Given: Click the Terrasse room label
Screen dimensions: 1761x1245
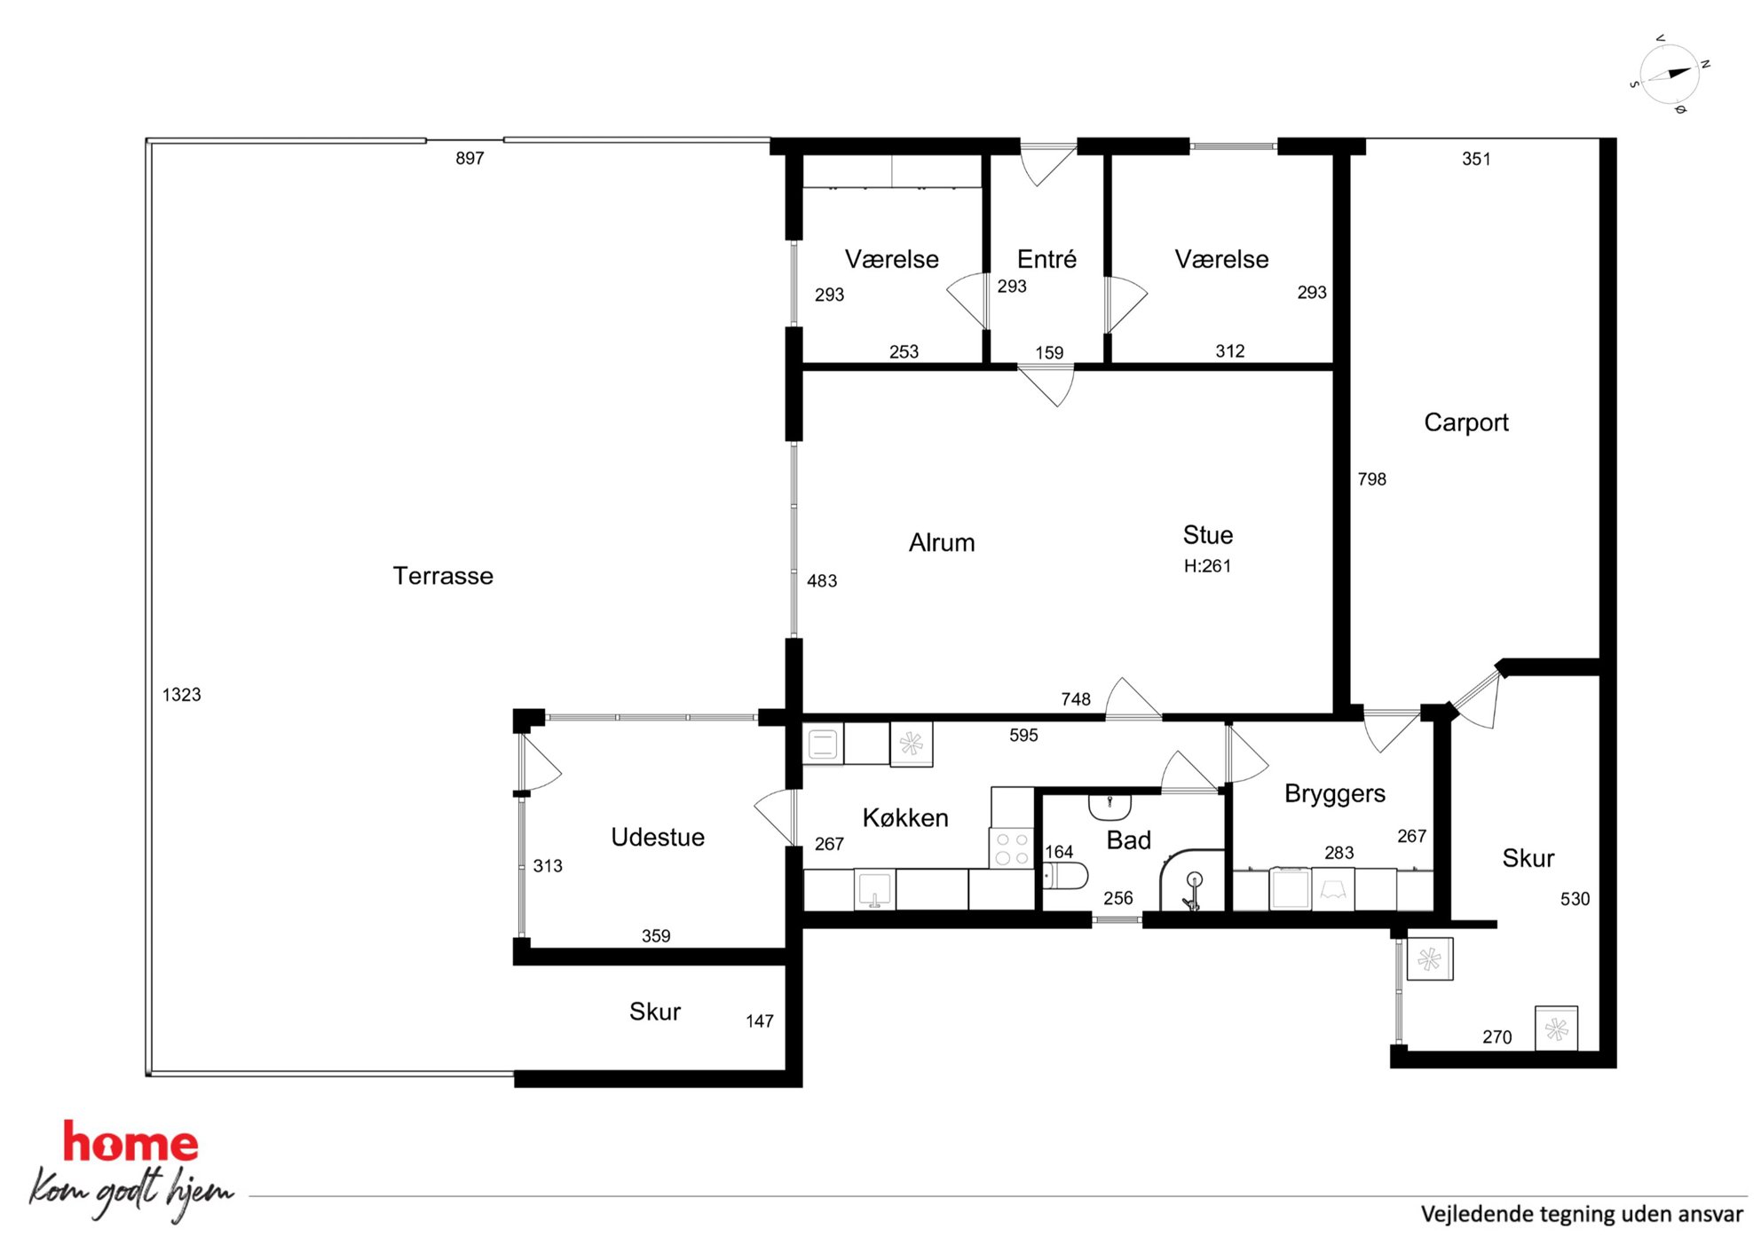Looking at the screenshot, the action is point(443,576).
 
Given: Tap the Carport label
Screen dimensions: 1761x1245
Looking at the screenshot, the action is point(1466,422).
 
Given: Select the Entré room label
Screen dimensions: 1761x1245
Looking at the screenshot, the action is point(1046,259).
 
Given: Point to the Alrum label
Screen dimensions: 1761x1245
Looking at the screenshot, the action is point(942,542).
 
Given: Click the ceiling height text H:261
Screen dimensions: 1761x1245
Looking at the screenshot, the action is point(1207,566).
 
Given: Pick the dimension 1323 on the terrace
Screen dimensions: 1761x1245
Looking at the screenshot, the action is point(182,695).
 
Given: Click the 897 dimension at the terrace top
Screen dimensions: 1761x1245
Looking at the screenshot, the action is point(470,159).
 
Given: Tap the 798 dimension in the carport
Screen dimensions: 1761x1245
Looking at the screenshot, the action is point(1371,479).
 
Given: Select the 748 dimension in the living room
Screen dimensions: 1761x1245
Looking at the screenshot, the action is point(1076,699).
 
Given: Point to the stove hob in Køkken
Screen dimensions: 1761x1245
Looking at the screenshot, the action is point(1012,847).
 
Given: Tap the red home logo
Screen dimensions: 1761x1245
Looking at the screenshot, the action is point(130,1143).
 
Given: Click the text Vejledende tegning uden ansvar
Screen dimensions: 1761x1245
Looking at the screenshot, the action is point(1582,1214).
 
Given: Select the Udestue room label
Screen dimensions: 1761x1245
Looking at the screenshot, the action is point(658,837).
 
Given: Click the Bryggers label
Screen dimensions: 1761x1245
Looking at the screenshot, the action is point(1335,793).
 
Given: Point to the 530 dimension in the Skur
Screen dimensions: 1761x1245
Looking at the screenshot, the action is point(1575,899).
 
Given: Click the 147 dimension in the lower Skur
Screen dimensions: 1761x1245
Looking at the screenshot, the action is point(760,1021).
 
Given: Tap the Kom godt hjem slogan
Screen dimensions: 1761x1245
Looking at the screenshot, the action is point(131,1193).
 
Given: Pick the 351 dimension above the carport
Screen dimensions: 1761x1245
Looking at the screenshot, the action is point(1476,159).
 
